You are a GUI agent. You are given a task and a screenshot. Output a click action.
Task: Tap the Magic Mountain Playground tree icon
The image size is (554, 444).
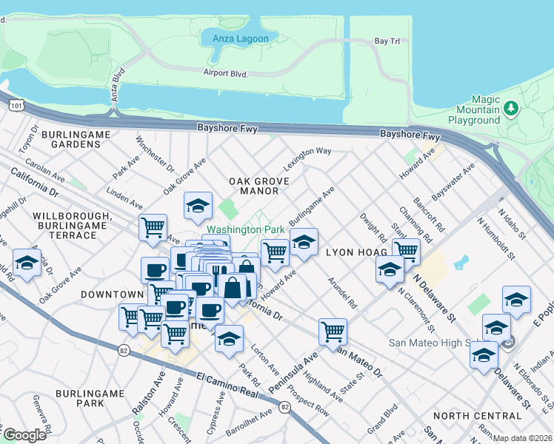click(x=510, y=110)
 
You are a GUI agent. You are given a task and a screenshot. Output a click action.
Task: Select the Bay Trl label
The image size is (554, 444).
click(x=387, y=41)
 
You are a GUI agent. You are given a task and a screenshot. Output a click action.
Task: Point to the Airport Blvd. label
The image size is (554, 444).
click(x=225, y=73)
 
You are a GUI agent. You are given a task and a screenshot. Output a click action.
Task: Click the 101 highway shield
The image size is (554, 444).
click(x=15, y=107)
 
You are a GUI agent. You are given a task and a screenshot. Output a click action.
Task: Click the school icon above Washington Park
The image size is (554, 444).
click(x=198, y=206)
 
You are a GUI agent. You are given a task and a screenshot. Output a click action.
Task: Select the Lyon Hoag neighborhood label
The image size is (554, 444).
click(x=352, y=252)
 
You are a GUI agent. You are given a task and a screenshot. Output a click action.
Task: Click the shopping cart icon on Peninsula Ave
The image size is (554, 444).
click(x=333, y=331)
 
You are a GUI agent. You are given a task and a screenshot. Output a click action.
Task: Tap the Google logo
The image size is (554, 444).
click(x=24, y=434)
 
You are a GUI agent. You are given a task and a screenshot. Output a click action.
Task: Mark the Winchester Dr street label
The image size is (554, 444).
click(x=155, y=152)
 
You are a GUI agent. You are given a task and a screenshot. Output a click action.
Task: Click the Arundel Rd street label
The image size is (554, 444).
click(x=341, y=293)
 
